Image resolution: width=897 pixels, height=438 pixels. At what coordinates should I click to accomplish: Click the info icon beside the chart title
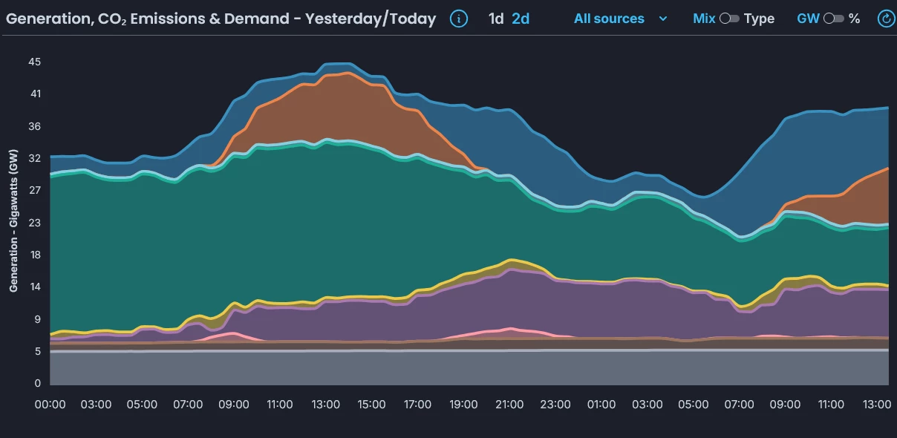(x=459, y=19)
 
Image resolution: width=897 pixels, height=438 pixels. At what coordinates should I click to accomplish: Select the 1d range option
(x=496, y=19)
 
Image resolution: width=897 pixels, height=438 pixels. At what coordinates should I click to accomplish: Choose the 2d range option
(x=521, y=19)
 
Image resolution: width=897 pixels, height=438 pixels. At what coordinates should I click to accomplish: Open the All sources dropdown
(x=620, y=19)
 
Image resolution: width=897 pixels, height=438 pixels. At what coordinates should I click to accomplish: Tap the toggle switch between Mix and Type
(x=729, y=19)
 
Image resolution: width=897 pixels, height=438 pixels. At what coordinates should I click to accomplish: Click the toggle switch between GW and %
(x=833, y=19)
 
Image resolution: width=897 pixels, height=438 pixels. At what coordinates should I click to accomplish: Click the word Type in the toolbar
(x=759, y=19)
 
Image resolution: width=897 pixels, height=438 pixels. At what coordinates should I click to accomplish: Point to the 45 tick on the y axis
(x=35, y=62)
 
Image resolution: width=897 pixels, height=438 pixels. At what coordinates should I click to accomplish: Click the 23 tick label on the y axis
(x=35, y=223)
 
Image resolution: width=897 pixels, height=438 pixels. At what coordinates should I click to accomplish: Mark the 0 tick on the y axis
(x=37, y=384)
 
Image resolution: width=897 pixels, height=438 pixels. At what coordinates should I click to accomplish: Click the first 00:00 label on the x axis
(x=50, y=405)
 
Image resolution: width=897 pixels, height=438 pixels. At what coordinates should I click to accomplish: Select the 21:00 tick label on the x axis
(x=509, y=405)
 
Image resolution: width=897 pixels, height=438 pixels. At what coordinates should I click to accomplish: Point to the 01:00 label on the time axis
(x=601, y=405)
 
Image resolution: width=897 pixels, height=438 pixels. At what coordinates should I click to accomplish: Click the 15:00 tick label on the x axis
(x=371, y=405)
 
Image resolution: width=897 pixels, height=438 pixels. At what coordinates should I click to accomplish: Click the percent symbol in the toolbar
(x=855, y=19)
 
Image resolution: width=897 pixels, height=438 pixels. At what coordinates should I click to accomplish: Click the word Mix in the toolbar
(x=704, y=19)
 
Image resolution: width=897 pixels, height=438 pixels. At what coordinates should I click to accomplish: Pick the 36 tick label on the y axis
(x=35, y=126)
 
